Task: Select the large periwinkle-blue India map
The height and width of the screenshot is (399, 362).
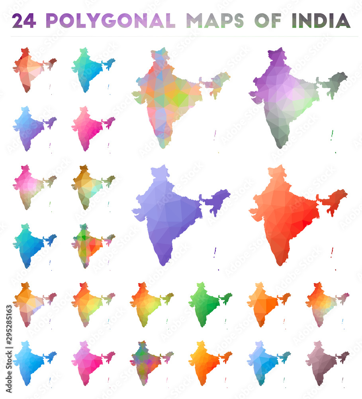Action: tap(171, 211)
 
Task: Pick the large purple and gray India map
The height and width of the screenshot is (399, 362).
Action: tap(287, 96)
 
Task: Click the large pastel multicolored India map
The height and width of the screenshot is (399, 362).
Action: tap(171, 96)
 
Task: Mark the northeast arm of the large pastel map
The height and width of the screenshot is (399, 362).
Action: tap(217, 82)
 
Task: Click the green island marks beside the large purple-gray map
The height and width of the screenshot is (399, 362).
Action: tap(332, 136)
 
